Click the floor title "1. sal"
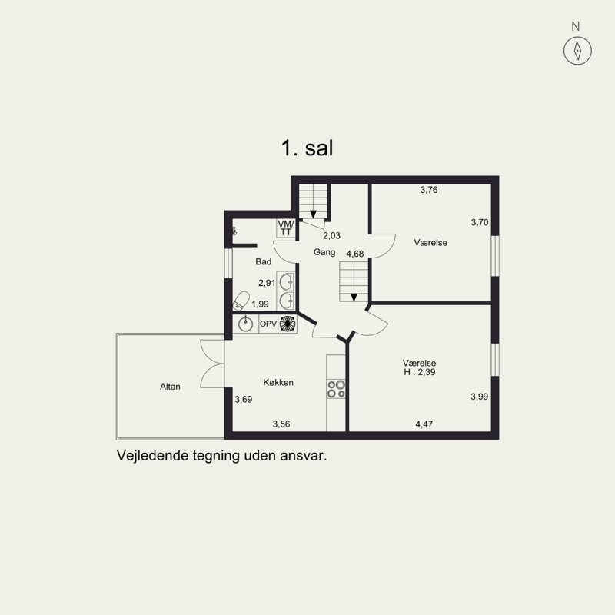coord(307,148)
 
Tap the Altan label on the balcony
coord(170,387)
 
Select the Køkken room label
coord(278,383)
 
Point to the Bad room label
coord(264,261)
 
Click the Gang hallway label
coord(323,252)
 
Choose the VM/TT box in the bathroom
coord(286,228)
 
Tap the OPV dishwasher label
coord(268,324)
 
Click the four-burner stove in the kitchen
coord(336,388)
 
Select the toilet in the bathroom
coord(242,298)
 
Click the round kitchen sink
coord(246,324)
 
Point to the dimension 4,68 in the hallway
coord(355,254)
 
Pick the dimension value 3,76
coord(429,190)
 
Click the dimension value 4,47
coord(424,424)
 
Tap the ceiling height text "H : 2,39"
coord(419,373)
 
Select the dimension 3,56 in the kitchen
coord(283,424)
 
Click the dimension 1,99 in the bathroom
coord(261,304)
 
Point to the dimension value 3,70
coord(480,222)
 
